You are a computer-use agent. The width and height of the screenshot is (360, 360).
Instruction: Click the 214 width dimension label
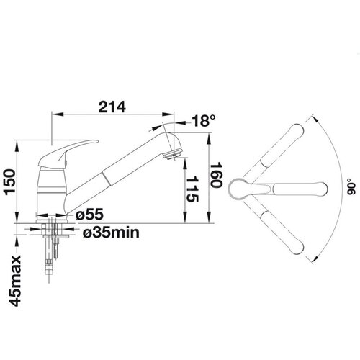112,107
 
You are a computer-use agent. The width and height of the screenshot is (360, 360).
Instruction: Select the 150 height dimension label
10,181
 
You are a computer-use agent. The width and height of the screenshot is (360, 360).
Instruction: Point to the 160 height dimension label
216,176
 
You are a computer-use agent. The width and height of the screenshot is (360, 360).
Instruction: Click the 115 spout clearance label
192,189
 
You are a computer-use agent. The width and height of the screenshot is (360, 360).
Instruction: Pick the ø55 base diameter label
89,214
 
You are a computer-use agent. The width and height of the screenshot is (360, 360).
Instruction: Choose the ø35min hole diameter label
111,233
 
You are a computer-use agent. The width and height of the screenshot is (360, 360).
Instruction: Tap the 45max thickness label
16,282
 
